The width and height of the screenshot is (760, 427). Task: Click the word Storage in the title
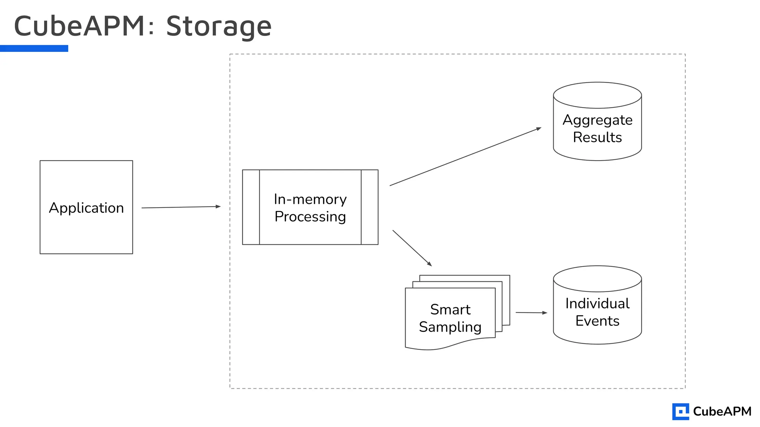click(x=219, y=27)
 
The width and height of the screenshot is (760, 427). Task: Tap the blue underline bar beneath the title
click(x=34, y=48)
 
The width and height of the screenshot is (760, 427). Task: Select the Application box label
click(x=86, y=208)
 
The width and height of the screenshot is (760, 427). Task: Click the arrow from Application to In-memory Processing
click(x=181, y=207)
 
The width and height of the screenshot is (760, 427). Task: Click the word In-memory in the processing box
click(x=310, y=199)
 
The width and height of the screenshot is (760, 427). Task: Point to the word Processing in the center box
click(x=310, y=217)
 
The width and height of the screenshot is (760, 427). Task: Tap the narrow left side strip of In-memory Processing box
click(x=251, y=207)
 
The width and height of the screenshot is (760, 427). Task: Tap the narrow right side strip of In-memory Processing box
click(x=370, y=207)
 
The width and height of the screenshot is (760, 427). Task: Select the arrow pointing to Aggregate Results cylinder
click(x=465, y=157)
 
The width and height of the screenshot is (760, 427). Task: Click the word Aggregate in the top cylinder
click(x=597, y=120)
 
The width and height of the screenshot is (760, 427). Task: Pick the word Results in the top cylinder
click(x=597, y=138)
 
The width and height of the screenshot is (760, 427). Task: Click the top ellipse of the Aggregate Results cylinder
click(x=597, y=95)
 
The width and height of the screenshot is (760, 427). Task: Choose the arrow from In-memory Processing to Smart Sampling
click(x=412, y=248)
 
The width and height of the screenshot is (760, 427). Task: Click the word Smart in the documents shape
click(x=450, y=310)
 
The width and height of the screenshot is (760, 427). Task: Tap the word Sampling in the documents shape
click(x=450, y=327)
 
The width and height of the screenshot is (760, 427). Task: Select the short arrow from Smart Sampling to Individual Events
click(x=531, y=313)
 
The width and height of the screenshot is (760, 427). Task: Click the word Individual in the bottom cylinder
click(x=597, y=304)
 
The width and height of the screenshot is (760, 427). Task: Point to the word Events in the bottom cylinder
click(x=597, y=321)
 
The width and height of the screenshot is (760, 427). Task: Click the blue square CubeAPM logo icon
click(x=680, y=411)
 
